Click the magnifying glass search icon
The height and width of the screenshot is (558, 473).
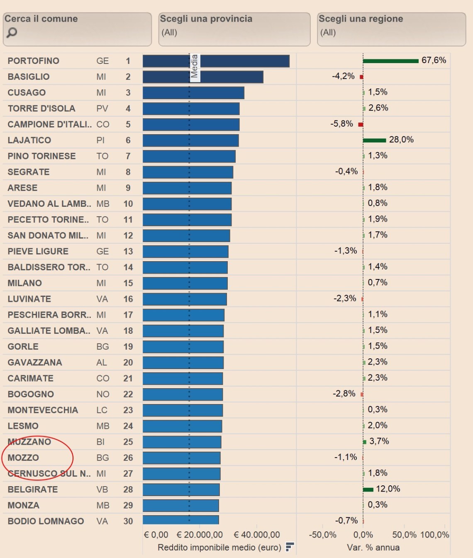coord(12,32)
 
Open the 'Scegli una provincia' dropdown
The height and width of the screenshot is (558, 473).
coord(234,29)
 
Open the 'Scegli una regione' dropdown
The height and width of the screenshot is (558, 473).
coord(391,29)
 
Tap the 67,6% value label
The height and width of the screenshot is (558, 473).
coord(434,60)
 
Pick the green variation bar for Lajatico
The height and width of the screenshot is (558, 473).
coord(374,140)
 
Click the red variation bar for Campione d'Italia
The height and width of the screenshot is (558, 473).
coord(361,125)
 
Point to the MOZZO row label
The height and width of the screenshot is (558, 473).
coord(23,458)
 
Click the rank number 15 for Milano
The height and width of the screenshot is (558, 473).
coord(128,283)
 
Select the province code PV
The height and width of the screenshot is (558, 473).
coord(102,109)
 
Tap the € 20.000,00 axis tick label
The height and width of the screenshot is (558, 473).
coord(200,535)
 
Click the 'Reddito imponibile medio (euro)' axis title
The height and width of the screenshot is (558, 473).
coord(219,547)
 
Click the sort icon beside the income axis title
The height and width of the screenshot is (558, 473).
coord(290,547)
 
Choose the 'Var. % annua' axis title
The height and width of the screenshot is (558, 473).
coord(373,547)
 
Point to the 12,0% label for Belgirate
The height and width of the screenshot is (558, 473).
coord(388,489)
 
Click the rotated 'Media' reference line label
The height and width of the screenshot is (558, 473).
coord(194,66)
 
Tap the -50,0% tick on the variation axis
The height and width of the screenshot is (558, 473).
coord(322,535)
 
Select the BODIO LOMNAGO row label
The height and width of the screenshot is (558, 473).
coord(46,521)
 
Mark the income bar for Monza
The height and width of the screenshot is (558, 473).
coord(180,506)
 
